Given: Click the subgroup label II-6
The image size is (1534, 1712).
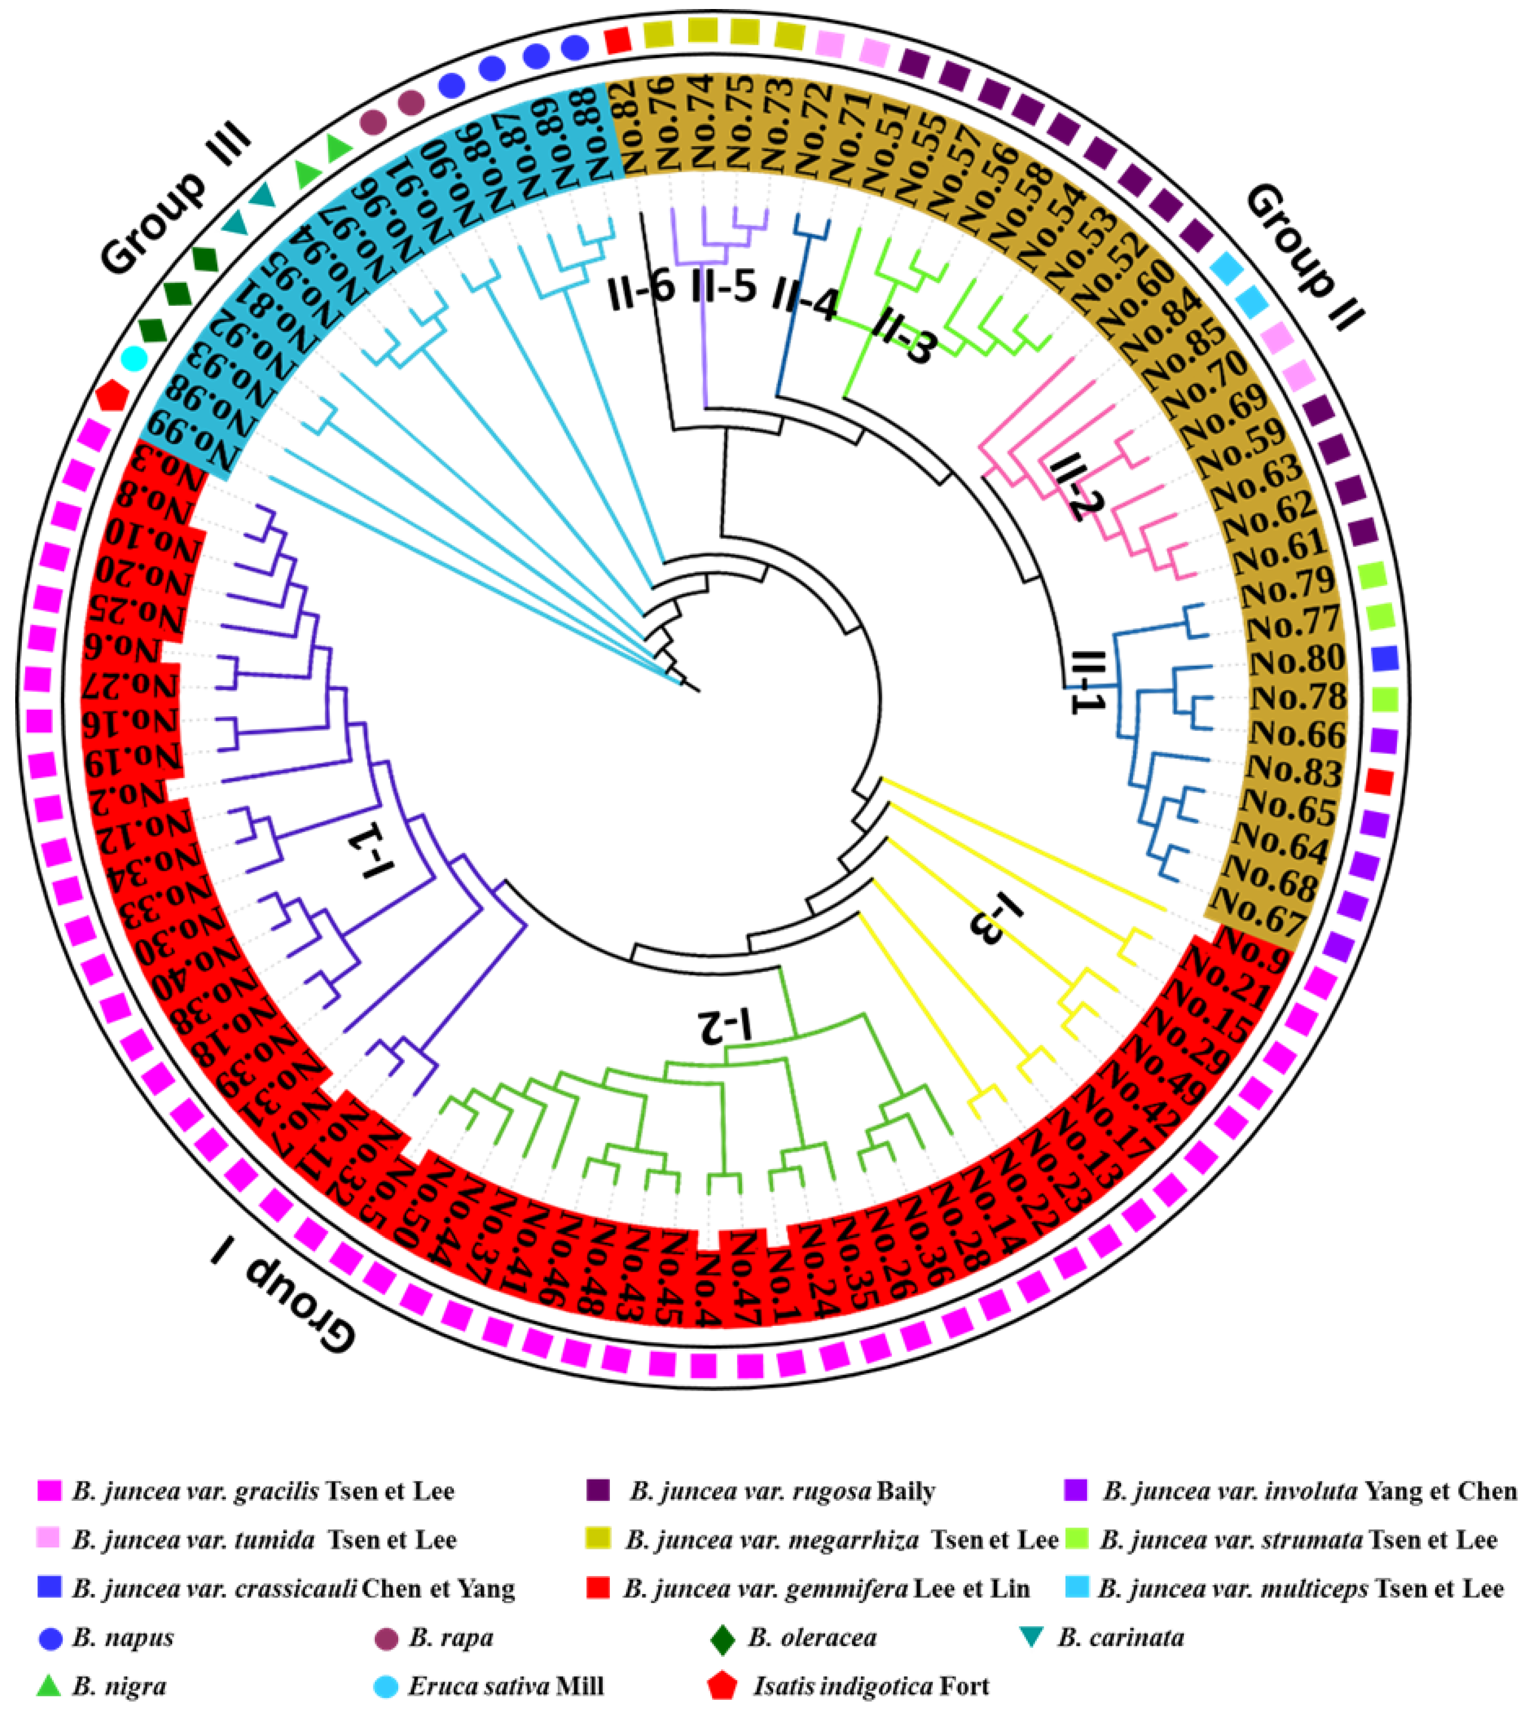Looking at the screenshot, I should click(641, 286).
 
